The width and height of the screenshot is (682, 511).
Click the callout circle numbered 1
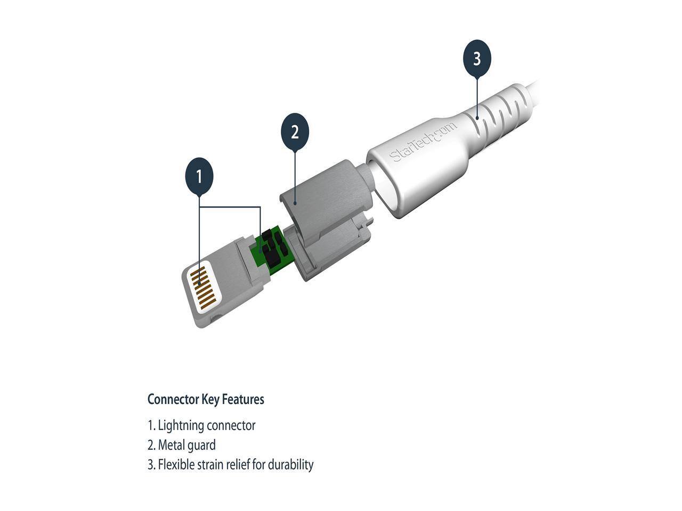pos(199,177)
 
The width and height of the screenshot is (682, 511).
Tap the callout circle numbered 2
pos(295,131)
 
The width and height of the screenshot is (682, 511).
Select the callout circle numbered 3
pos(476,59)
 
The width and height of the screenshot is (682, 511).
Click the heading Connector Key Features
pos(206,399)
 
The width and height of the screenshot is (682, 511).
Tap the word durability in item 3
pos(290,465)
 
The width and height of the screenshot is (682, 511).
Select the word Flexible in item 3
pos(176,465)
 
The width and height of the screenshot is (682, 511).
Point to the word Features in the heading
pos(243,399)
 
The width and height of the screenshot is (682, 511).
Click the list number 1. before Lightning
pos(151,425)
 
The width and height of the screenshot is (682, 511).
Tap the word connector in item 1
pos(231,425)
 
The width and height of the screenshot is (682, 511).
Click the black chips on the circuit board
pos(273,248)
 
